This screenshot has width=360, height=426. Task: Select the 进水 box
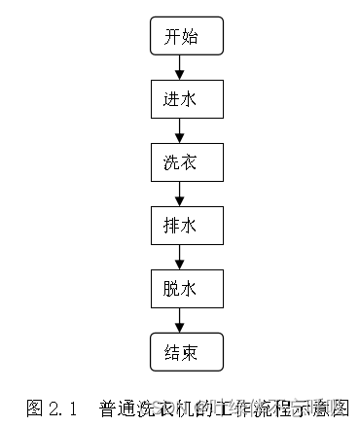click(x=180, y=99)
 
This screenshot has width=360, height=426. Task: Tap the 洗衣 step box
click(x=180, y=161)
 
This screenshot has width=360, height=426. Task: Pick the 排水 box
click(x=180, y=225)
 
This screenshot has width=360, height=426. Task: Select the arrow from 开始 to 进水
click(x=180, y=68)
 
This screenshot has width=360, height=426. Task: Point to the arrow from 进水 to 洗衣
click(x=180, y=130)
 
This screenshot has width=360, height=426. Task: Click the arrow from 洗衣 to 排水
click(x=180, y=193)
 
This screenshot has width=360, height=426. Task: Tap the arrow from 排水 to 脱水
click(x=180, y=256)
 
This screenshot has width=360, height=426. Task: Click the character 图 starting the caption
click(x=34, y=407)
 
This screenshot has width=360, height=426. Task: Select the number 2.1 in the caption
click(x=62, y=407)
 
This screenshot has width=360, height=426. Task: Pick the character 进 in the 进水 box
click(x=171, y=99)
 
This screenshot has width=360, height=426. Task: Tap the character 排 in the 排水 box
click(x=171, y=225)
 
